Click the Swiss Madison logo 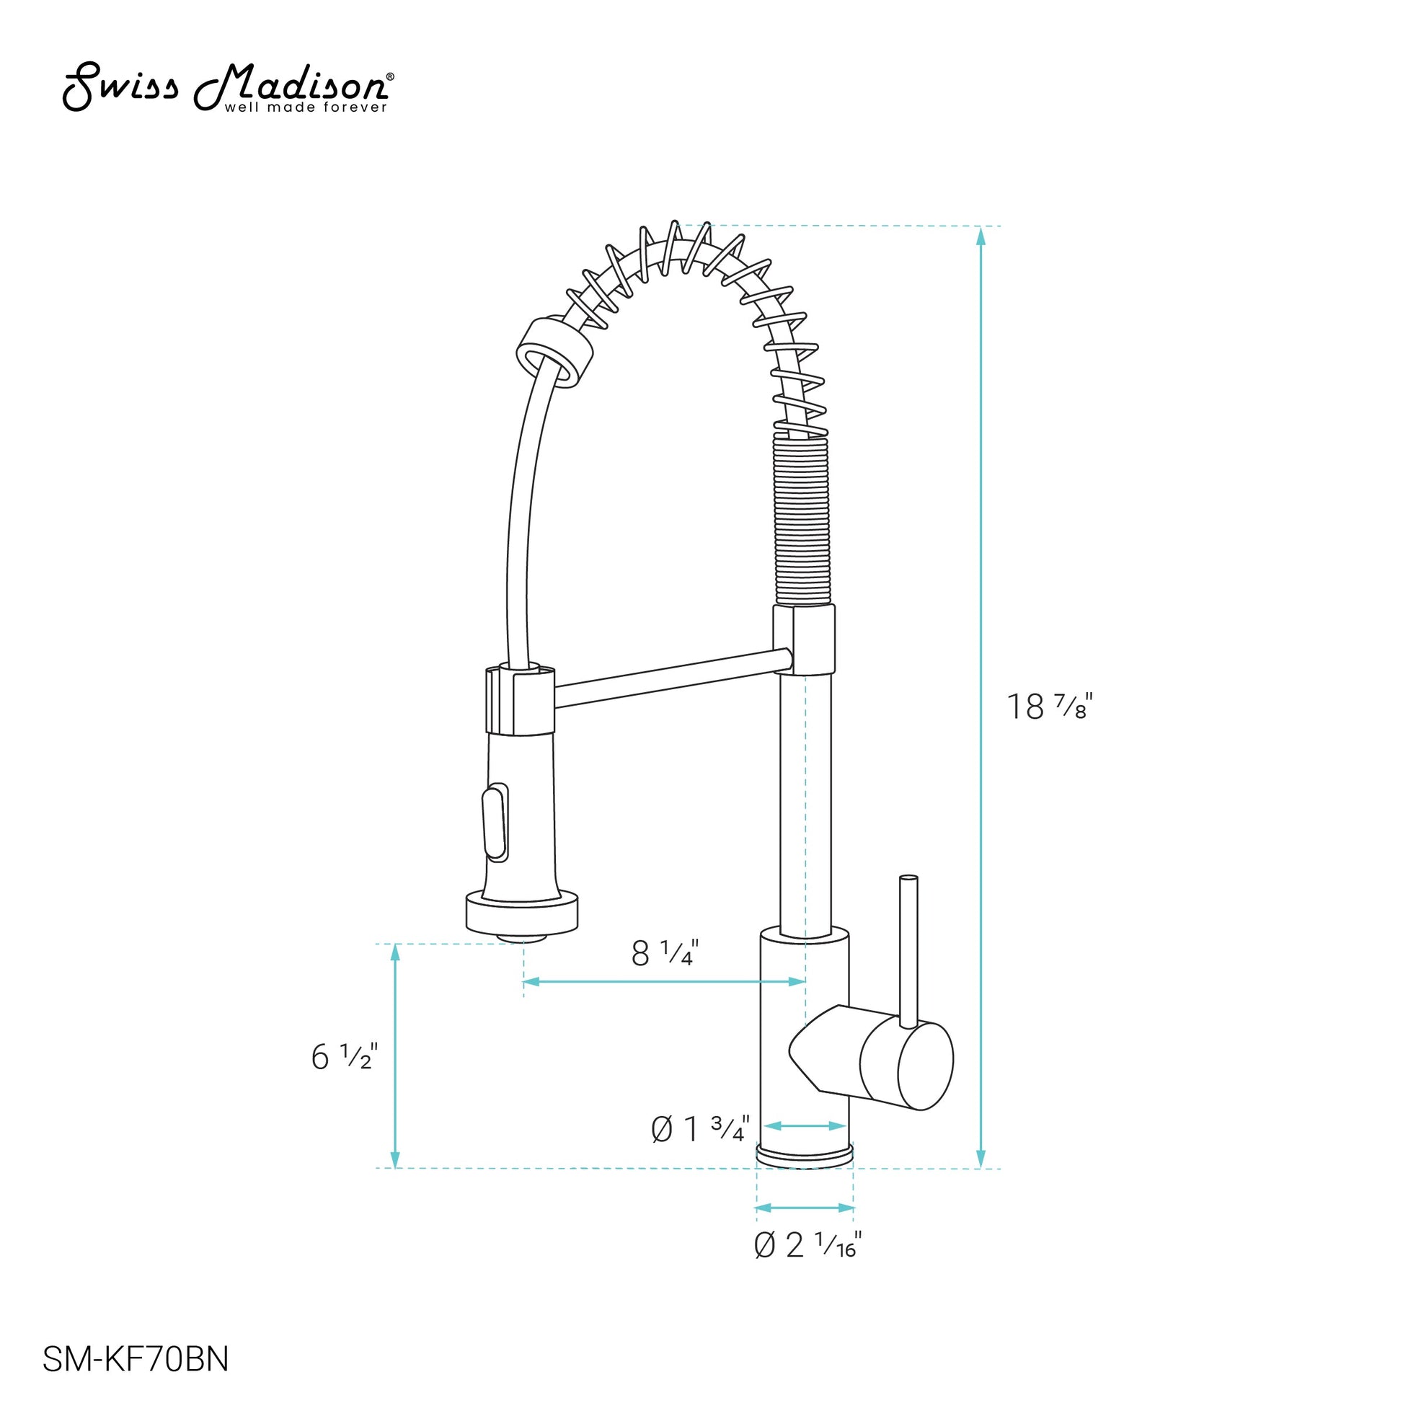tap(229, 87)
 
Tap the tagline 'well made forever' tap(306, 107)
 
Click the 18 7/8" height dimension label tap(1049, 707)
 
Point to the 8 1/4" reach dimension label tap(665, 953)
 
